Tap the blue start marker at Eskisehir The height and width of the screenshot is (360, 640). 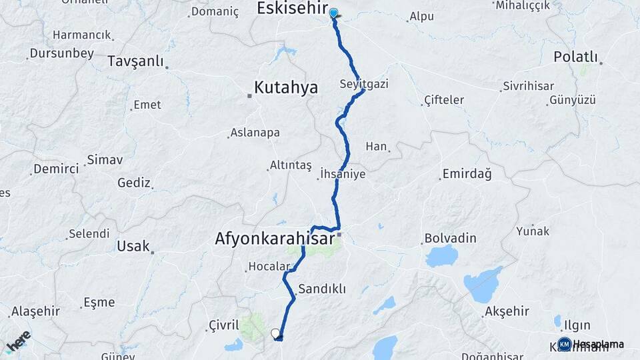[333, 13]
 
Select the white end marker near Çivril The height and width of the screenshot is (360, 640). [275, 333]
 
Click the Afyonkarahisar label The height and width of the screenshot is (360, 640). [274, 237]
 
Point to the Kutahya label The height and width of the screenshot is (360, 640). [286, 87]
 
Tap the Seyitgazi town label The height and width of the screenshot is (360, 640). [363, 85]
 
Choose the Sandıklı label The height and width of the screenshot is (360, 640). [322, 289]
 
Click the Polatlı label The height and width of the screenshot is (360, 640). [576, 57]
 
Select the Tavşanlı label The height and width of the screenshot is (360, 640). [135, 61]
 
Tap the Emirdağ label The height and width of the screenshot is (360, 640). [466, 175]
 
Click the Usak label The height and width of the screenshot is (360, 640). [133, 246]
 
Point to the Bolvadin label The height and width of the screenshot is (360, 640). [451, 239]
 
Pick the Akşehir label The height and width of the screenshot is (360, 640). [507, 311]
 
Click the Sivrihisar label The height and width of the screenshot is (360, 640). [529, 86]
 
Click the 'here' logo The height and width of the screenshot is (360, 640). [19, 341]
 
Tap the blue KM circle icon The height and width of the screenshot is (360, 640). [565, 344]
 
